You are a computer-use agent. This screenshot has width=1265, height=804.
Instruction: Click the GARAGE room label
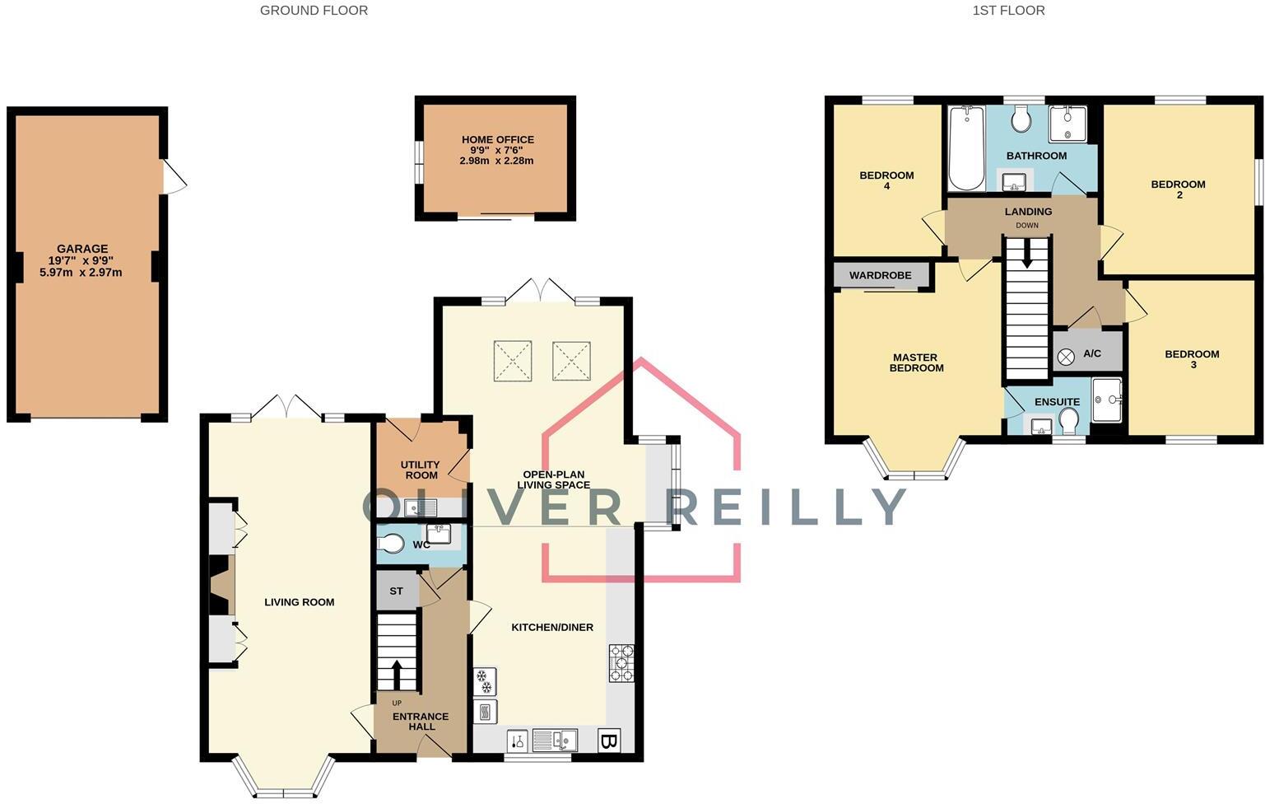coord(81,249)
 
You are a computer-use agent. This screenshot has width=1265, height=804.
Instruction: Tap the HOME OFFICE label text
coord(497,140)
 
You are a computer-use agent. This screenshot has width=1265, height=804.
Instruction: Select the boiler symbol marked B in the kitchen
coord(608,741)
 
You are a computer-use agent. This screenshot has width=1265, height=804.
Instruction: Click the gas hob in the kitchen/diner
coord(621,663)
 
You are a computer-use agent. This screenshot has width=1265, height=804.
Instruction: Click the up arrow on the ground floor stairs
coord(398,673)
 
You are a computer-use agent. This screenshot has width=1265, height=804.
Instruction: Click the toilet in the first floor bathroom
coord(1021,120)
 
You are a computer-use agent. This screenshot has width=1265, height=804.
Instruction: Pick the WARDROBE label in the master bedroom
coord(880,275)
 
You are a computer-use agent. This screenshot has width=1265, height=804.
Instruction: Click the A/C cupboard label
coord(1092,354)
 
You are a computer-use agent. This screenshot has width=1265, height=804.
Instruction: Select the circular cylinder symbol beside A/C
coord(1066,357)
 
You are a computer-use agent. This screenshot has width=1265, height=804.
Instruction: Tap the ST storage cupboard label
coord(396,591)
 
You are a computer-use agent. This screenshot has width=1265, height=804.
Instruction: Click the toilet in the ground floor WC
coord(392,544)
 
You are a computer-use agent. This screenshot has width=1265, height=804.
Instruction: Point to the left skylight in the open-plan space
coord(513,361)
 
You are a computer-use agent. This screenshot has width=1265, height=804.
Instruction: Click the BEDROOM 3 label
coord(1192,359)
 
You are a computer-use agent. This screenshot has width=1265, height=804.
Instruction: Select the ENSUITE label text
coord(1057,402)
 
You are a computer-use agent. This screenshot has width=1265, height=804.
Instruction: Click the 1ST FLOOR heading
coord(1008,11)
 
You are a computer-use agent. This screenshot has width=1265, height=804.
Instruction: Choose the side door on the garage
coord(174,177)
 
